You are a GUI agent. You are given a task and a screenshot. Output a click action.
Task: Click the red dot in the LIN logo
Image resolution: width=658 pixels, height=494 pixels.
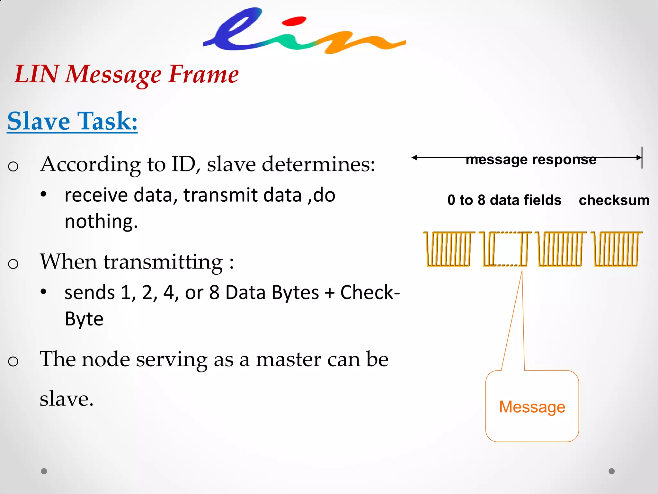[x=294, y=22]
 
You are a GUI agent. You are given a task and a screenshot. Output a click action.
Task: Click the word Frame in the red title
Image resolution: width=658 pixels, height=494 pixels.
[x=203, y=74]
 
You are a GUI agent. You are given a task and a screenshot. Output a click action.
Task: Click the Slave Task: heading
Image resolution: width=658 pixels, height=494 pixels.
[x=72, y=121]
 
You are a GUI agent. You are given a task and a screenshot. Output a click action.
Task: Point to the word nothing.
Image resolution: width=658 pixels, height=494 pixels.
[x=101, y=221]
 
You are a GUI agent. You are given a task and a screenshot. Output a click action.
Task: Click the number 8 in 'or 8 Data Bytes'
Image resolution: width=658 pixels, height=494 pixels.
[x=214, y=293]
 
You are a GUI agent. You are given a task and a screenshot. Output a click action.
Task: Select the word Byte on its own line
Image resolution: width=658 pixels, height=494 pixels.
[x=84, y=319]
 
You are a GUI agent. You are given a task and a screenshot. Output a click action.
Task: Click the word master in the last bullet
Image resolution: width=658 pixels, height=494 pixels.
[x=288, y=359]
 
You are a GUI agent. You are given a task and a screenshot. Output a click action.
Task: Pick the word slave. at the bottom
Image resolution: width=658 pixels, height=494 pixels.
[x=67, y=399]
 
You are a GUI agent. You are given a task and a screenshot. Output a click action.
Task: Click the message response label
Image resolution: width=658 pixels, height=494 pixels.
[x=531, y=160]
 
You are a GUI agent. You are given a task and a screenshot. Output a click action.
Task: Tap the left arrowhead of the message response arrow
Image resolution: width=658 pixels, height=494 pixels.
[x=414, y=158]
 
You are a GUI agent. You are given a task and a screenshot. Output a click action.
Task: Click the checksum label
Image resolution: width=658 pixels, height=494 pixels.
[x=614, y=200]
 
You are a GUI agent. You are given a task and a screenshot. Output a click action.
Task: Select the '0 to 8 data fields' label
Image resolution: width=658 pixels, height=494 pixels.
[x=504, y=200]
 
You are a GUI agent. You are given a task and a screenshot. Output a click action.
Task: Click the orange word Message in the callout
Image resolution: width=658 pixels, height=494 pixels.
[x=532, y=407]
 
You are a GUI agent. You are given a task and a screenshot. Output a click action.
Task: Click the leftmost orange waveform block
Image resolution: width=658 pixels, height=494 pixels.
[x=449, y=249]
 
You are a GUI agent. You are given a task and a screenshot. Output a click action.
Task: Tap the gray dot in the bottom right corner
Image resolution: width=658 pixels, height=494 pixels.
[x=612, y=471]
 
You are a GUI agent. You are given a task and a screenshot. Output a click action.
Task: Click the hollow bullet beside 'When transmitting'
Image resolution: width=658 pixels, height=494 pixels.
[x=13, y=264]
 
